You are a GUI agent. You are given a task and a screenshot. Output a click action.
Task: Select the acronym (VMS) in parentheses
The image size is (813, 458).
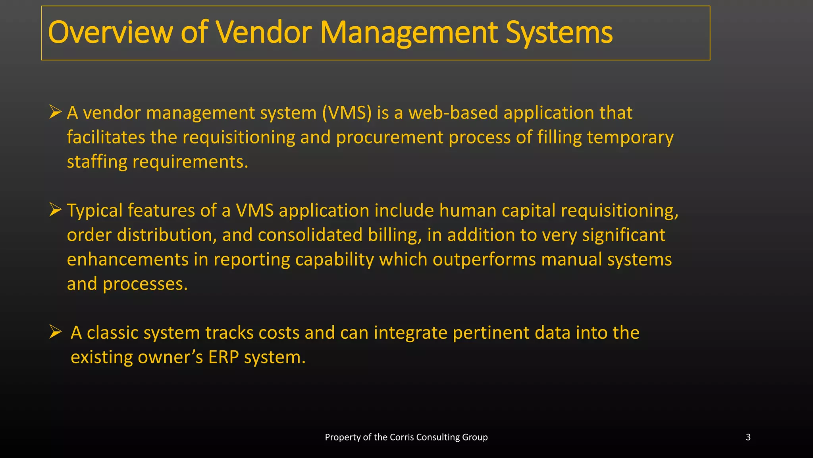pyautogui.click(x=347, y=113)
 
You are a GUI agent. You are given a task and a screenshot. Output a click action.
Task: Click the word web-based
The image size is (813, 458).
pyautogui.click(x=453, y=113)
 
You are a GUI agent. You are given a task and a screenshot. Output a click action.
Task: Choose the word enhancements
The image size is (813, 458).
pyautogui.click(x=127, y=260)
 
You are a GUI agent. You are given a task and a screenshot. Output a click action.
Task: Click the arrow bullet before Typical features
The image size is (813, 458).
pyautogui.click(x=55, y=209)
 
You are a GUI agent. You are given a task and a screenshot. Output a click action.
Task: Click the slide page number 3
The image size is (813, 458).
pyautogui.click(x=748, y=437)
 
